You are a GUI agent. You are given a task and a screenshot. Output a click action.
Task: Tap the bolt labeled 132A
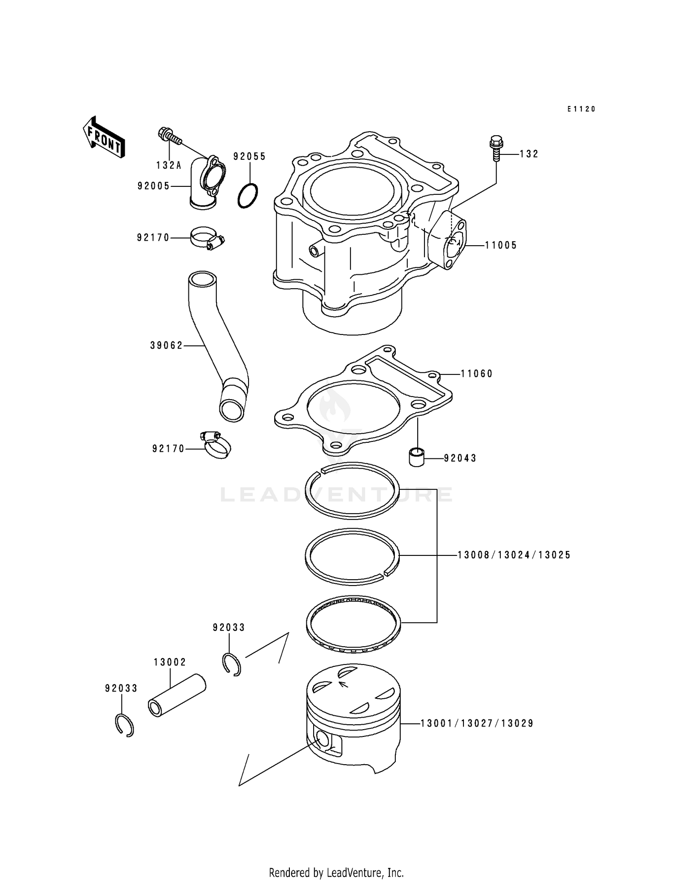coord(170,136)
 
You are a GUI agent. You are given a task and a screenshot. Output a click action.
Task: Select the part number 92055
coord(249,156)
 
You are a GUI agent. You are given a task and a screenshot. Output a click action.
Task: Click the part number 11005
coord(501,245)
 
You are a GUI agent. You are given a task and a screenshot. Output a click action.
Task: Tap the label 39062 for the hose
coord(166,345)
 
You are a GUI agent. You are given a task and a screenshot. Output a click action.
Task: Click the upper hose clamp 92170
coord(206,238)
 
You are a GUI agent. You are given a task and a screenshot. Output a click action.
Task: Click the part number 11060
coord(476,374)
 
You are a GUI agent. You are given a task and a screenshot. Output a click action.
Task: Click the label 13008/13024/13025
coord(514,555)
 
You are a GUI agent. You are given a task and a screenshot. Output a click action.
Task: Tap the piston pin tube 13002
coord(177,696)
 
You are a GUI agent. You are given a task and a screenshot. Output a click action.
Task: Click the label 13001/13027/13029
coord(477,723)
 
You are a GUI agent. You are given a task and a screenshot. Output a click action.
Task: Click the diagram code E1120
coord(581,109)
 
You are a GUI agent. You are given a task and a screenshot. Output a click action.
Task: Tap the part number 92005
coord(153,186)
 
